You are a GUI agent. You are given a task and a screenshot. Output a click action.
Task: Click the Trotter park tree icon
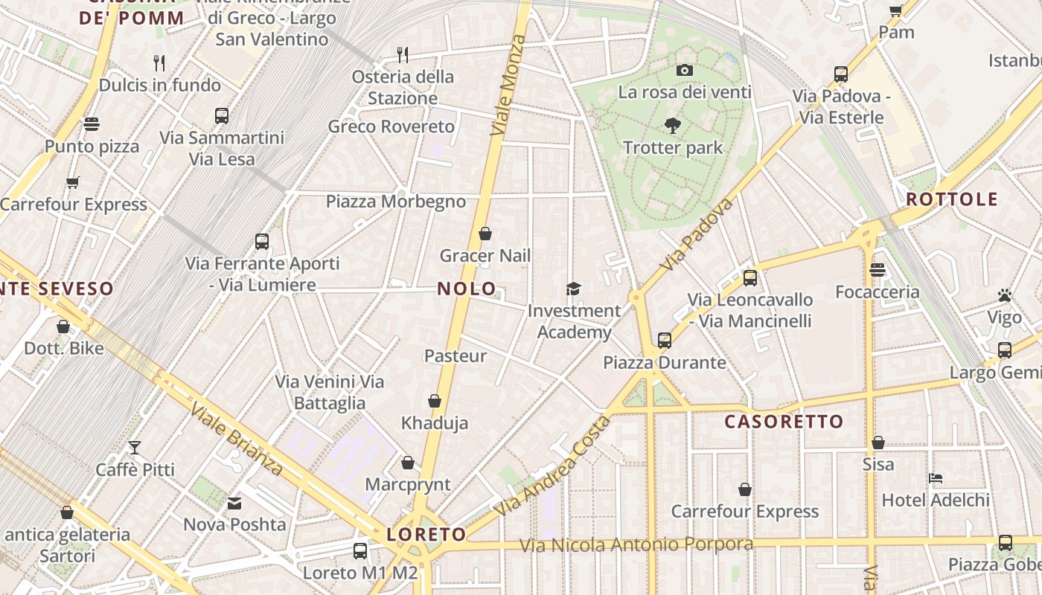673,126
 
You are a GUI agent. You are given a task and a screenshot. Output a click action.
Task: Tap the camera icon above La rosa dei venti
685,71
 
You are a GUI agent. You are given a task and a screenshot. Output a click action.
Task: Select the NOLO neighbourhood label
467,289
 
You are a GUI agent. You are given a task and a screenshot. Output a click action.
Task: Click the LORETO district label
426,534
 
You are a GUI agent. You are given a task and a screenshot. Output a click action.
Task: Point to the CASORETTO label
784,422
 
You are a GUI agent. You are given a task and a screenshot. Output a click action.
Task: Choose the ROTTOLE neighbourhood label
952,199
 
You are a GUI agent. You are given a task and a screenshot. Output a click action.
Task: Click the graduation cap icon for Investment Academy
573,289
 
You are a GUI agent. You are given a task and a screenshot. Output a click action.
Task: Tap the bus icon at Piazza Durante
664,341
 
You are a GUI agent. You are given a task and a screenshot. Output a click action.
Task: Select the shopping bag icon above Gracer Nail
485,234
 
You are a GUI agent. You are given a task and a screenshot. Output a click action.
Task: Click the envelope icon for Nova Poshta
235,503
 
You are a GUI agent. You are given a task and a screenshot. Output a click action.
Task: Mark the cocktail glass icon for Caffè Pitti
135,448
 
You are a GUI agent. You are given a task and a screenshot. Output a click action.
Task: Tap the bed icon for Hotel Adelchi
936,477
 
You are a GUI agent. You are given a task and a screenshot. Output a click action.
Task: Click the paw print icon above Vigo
1005,296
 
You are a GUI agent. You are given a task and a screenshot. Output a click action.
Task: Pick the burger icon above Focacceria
878,270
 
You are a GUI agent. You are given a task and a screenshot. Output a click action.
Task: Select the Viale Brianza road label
235,439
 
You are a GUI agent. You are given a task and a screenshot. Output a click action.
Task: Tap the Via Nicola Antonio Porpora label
636,545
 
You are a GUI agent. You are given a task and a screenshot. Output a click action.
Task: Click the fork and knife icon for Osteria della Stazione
403,54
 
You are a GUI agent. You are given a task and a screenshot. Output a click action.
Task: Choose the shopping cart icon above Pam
896,10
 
